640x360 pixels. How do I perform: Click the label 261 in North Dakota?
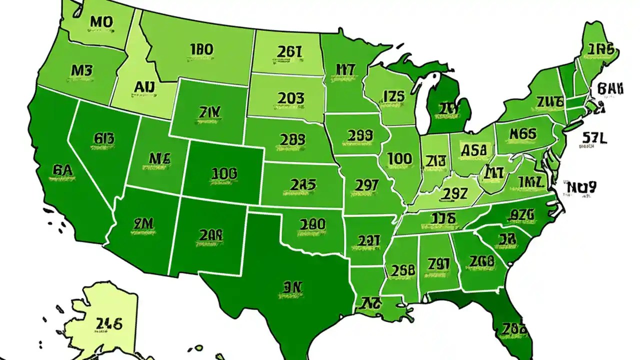coord(289,51)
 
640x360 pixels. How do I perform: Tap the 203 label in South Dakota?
coord(290,98)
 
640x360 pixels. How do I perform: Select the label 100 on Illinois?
coord(400,159)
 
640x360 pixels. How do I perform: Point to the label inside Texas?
coord(293,287)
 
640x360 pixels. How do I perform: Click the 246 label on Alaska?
coord(109,324)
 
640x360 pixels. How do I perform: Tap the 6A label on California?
coord(62,170)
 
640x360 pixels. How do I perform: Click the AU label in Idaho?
coord(144,87)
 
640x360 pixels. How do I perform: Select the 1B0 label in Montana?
coord(201,49)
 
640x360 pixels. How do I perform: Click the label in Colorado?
coord(224,174)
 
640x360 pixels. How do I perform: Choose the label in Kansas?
coord(303,185)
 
